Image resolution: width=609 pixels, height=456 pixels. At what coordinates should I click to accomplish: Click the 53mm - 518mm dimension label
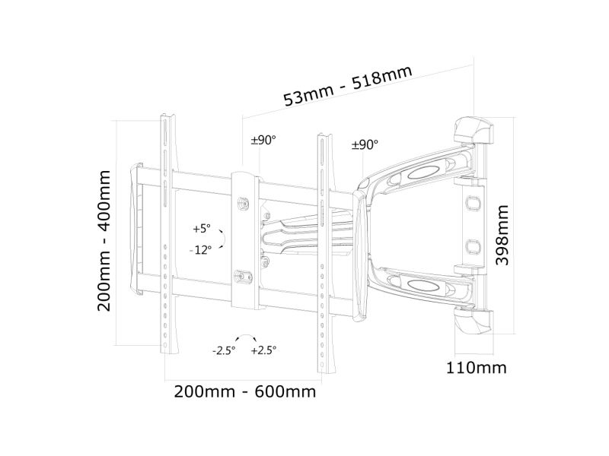[348, 86]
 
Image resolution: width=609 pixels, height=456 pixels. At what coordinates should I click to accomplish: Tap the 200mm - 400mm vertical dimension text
[104, 240]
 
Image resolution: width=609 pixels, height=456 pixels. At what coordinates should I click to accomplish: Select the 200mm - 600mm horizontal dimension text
[244, 391]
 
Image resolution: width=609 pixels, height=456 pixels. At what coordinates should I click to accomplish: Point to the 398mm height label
[502, 236]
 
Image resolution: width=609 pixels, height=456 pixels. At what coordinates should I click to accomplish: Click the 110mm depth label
[477, 368]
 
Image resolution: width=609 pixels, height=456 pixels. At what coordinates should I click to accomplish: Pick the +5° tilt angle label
[202, 229]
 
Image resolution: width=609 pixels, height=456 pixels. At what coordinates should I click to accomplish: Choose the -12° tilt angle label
[200, 250]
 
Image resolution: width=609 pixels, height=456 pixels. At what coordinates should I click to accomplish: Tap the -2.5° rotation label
[224, 351]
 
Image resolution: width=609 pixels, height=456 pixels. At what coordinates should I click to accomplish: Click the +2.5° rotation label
[263, 350]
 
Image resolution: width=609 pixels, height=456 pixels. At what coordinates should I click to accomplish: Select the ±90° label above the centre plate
[263, 140]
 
